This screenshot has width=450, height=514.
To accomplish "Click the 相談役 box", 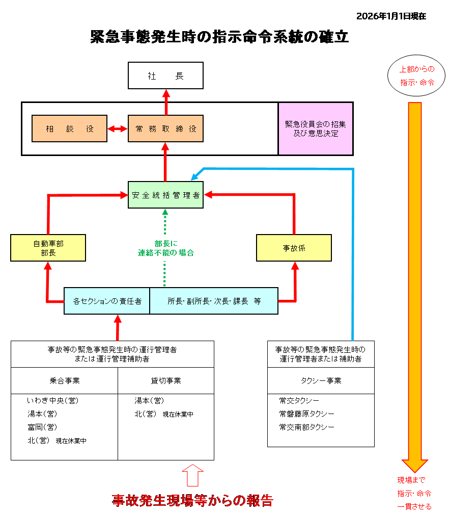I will point(69,128).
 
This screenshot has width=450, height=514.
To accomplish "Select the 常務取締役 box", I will point(165,128).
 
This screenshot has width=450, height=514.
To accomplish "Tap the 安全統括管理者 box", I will point(165,195).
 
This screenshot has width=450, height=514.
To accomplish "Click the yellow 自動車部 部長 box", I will point(48,248).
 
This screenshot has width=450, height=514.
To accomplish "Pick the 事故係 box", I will point(294,248).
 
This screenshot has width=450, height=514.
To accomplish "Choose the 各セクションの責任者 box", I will point(107,301).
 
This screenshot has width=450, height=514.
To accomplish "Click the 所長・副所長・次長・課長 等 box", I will point(214,301).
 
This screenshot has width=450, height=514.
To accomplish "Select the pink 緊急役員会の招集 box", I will point(316,128).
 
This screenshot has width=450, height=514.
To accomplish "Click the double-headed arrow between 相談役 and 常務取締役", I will point(118,128).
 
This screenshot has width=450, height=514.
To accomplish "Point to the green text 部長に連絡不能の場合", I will point(165,248).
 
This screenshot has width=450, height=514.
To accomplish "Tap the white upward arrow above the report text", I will point(192,475).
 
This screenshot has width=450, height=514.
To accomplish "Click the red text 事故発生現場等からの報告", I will point(192,500).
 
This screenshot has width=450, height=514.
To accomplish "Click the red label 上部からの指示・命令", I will point(417,75).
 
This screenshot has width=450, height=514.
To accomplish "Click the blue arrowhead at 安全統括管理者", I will point(194,177).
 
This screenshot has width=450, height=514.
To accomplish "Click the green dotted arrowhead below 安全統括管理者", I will point(165,212).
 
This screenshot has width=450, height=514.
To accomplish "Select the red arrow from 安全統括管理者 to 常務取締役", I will point(165,161).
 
